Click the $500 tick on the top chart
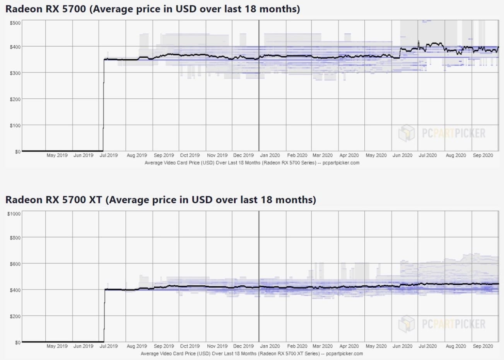point(15,23)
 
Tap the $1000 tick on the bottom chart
point(14,214)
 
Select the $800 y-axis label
point(15,238)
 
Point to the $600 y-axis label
point(15,264)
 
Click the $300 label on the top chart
point(15,73)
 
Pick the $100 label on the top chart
point(15,125)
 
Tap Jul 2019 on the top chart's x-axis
point(109,155)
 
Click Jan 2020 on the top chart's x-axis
point(270,155)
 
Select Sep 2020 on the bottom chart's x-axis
point(483,346)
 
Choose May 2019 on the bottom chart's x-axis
point(57,346)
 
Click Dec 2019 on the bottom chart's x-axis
point(243,346)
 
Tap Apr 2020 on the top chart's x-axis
point(349,155)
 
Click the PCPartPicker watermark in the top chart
point(442,134)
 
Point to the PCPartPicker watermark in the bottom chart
point(442,324)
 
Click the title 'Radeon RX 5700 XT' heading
point(161,200)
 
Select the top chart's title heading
point(152,9)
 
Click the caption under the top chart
point(252,163)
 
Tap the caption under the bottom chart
point(252,353)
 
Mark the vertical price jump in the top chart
point(103,105)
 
